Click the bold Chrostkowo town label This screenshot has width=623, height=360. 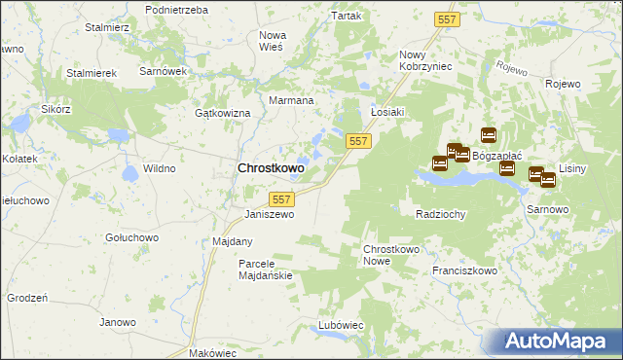point(271,168)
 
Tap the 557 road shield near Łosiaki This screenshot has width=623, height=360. point(358,142)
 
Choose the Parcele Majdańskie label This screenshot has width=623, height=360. point(266,270)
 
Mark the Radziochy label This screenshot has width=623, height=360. point(440,214)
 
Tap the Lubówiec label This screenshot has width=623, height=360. point(341,324)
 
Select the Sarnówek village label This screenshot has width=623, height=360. point(163,72)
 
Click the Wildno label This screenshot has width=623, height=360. point(159,168)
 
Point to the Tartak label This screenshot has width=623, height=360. point(347,17)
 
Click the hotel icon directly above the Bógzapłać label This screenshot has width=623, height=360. point(489,135)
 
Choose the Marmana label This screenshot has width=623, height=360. point(290,100)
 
